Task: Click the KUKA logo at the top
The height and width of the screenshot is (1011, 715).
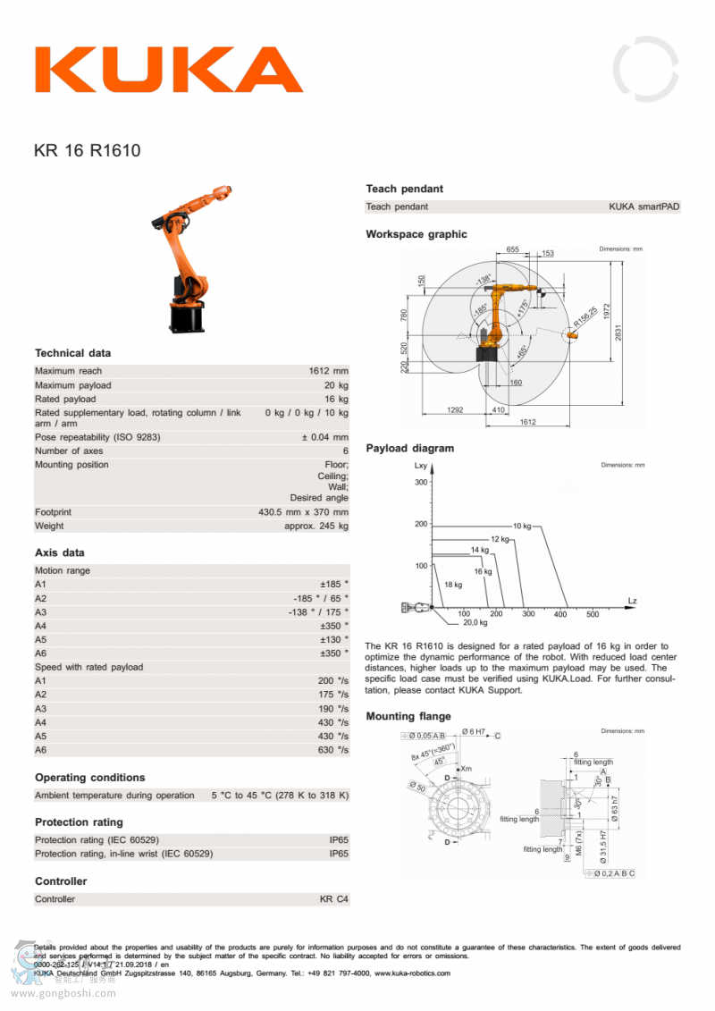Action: point(169,70)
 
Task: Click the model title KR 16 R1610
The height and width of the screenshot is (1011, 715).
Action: point(87,151)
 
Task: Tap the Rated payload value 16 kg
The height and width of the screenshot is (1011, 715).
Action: point(336,399)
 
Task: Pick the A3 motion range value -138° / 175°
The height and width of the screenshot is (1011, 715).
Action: point(318,612)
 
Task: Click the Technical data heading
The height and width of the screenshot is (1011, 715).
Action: point(72,353)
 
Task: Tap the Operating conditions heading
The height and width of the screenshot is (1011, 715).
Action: point(89,778)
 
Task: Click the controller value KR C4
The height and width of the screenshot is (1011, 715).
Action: point(334,899)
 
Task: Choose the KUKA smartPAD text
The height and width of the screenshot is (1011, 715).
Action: point(643,206)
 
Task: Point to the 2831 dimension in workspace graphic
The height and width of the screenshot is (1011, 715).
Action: point(618,332)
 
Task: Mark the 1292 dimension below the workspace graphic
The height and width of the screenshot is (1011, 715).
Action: point(454,410)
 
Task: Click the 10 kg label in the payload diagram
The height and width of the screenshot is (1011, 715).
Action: point(522,526)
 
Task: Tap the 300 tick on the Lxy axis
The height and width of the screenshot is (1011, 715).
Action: point(421,483)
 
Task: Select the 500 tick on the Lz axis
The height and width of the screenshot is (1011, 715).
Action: point(593,614)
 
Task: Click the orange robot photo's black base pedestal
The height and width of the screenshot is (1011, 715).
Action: point(187,318)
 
